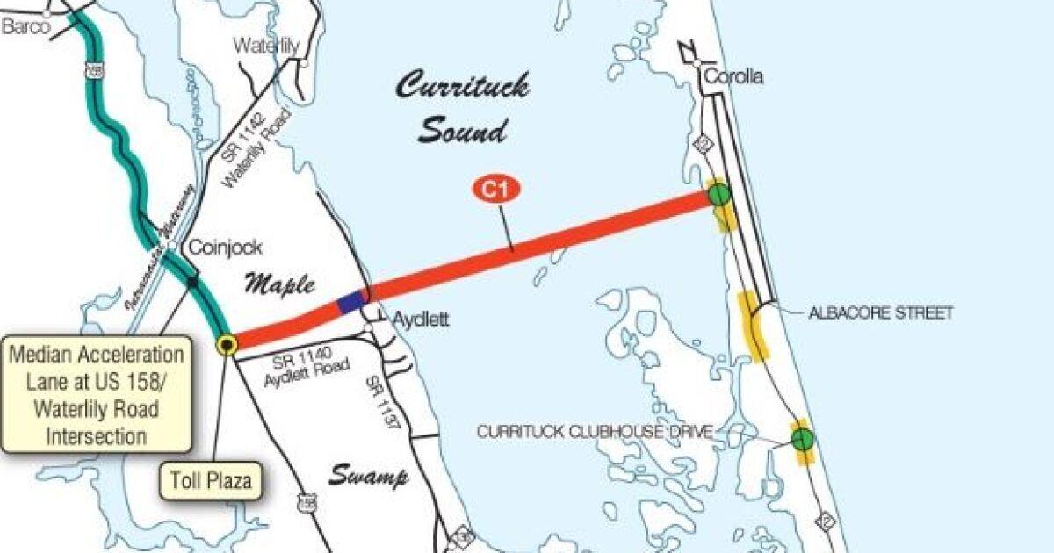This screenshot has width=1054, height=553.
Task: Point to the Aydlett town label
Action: pos(418,320)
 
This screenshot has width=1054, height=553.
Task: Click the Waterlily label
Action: pos(267,46)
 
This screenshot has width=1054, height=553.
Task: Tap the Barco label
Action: pos(26,27)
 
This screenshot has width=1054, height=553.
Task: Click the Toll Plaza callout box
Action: pos(212,480)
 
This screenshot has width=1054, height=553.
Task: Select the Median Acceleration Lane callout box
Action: pos(97,394)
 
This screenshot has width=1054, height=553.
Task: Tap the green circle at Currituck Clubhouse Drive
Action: pos(802,440)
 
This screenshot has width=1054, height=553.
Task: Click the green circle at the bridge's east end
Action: pos(719,194)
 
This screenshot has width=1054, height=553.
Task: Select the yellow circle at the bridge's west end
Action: pos(227,345)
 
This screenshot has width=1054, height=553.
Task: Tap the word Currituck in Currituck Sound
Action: pos(462,87)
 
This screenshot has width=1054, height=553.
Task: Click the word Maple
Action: pos(278,284)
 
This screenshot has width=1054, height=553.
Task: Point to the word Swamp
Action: pos(369,477)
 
